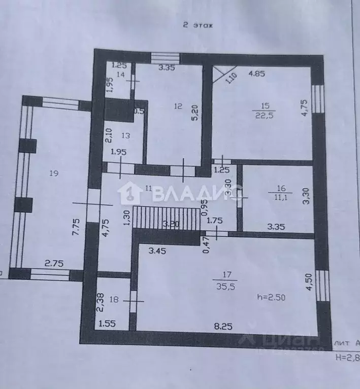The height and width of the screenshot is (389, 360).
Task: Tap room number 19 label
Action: tap(54, 173)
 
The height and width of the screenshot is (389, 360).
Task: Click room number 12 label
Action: tap(177, 107)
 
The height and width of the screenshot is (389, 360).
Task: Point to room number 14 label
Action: tap(121, 74)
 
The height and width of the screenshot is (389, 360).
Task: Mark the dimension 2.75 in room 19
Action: tap(55, 263)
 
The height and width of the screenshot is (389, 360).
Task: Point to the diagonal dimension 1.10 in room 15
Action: tap(230, 78)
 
